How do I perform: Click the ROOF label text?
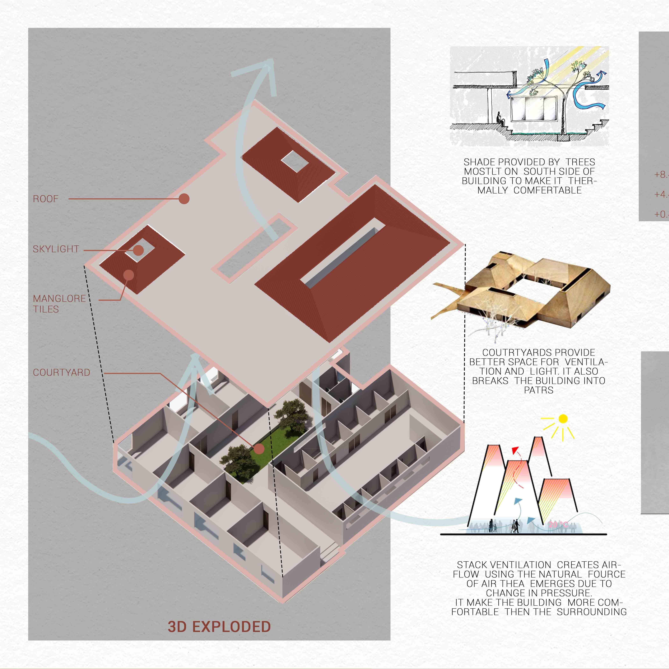coord(46,199)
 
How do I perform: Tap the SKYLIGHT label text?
coord(56,249)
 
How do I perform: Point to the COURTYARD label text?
coord(61,373)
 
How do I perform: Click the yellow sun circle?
coord(563,419)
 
